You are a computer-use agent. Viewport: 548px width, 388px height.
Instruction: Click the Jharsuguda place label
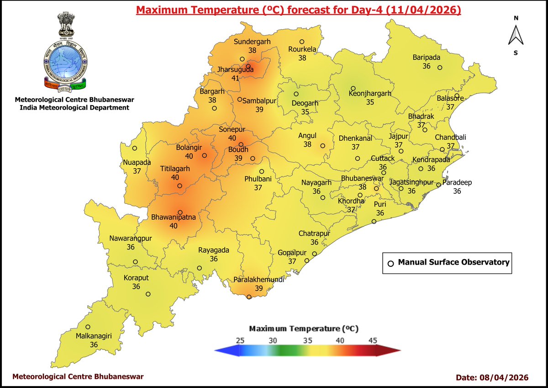pyautogui.click(x=235, y=70)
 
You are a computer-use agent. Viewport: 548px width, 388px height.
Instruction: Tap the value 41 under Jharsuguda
pyautogui.click(x=235, y=78)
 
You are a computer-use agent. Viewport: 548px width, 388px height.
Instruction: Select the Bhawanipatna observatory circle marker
pyautogui.click(x=180, y=213)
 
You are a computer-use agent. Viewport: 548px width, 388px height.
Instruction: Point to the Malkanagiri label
pyautogui.click(x=94, y=336)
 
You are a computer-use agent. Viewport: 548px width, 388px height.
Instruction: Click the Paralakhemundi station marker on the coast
pyautogui.click(x=249, y=297)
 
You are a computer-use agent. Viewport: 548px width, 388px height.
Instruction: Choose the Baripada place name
pyautogui.click(x=427, y=58)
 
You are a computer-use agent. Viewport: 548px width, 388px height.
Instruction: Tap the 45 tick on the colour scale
pyautogui.click(x=373, y=340)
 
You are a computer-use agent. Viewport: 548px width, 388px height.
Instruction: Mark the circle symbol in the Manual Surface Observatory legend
pyautogui.click(x=390, y=263)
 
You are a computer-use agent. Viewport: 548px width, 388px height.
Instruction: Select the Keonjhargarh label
pyautogui.click(x=370, y=93)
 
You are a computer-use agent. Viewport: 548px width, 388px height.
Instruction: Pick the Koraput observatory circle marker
pyautogui.click(x=148, y=294)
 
